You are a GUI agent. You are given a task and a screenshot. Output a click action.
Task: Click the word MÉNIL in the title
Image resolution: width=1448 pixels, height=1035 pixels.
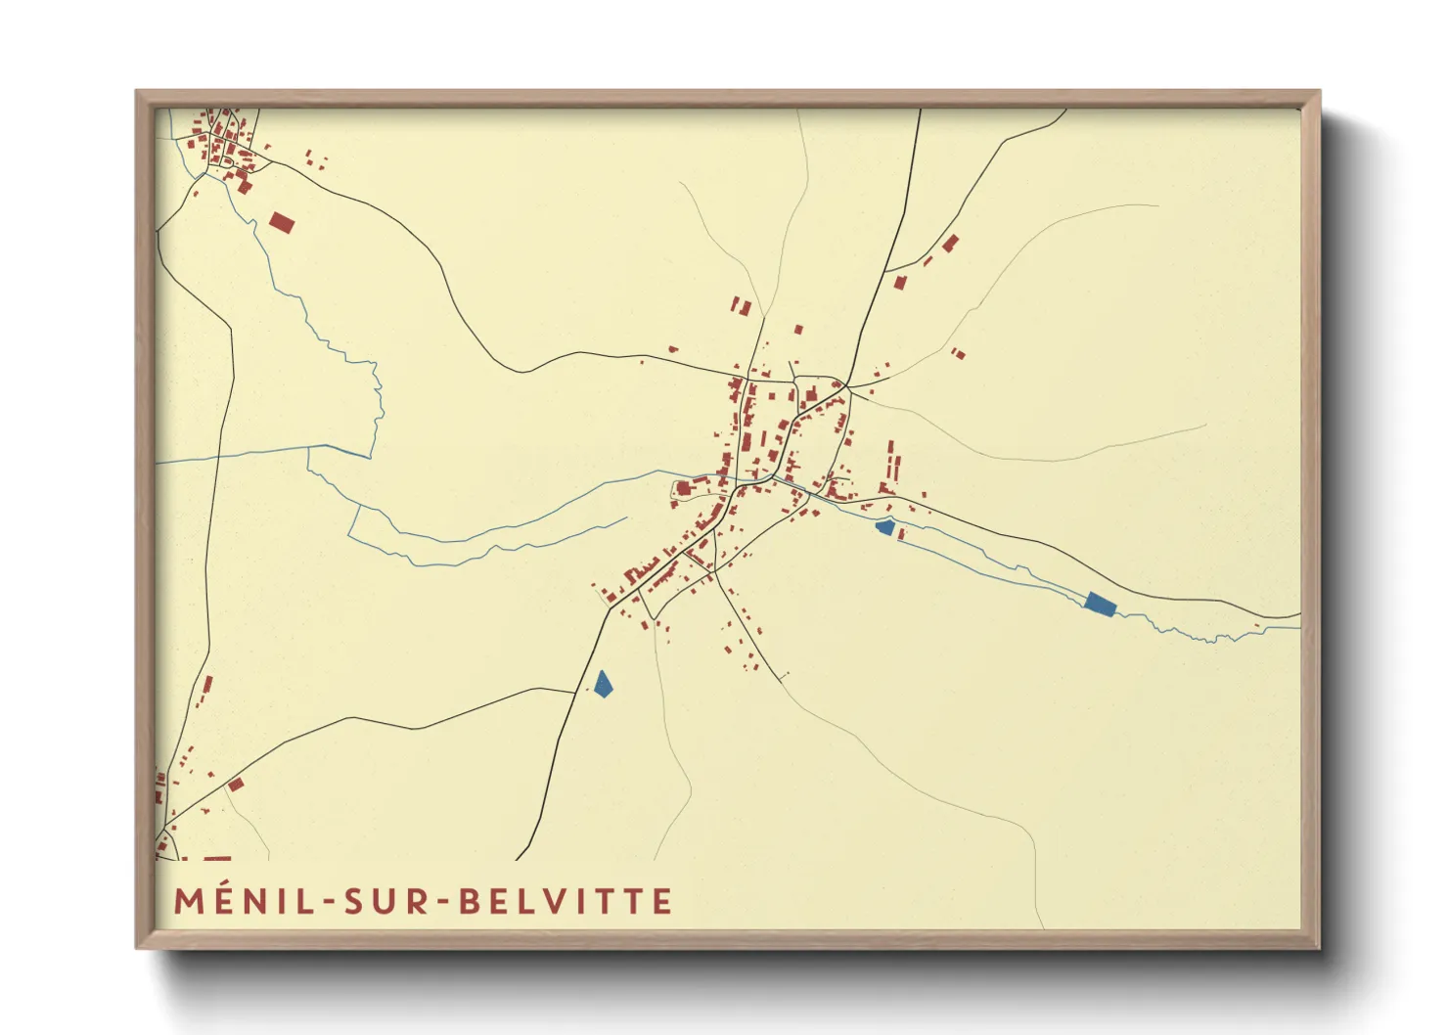[245, 902]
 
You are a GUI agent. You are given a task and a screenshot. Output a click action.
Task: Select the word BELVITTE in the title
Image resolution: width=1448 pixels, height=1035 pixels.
[566, 902]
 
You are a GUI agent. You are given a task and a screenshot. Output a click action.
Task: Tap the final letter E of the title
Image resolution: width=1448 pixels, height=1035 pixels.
[663, 902]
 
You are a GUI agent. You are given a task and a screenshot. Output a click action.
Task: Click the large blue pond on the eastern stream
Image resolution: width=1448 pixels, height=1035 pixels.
[1100, 604]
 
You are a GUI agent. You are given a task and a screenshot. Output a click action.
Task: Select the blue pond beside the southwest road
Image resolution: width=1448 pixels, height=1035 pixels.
[603, 684]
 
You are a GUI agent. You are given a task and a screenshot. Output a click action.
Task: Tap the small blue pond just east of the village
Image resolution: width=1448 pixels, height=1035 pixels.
[884, 528]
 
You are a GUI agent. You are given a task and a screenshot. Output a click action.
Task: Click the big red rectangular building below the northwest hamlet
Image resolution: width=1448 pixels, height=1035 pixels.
[282, 223]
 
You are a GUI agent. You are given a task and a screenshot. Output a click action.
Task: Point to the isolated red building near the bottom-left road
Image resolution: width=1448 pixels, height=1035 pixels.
[236, 785]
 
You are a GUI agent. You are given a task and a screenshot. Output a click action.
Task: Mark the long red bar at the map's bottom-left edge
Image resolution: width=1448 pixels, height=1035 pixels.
[217, 859]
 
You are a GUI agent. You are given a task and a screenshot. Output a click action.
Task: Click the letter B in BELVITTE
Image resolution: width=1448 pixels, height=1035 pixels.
[471, 902]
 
